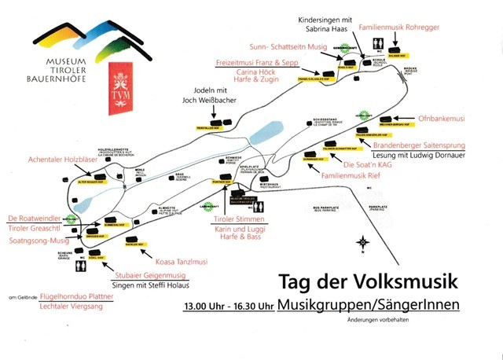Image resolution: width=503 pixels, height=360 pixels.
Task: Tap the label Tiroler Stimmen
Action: (237, 219)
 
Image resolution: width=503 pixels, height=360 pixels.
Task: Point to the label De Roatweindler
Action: (34, 218)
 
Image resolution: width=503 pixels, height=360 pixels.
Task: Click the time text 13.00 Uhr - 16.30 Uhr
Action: (228, 305)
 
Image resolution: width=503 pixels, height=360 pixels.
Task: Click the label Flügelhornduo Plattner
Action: (77, 297)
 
